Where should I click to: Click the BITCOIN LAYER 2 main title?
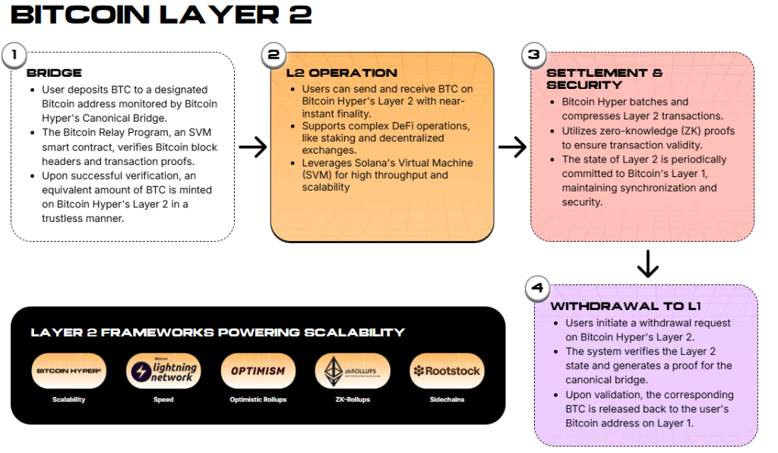click(x=162, y=16)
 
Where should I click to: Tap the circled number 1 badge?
click(x=14, y=54)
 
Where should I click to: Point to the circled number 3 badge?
click(x=533, y=54)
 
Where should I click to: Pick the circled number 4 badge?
click(x=538, y=288)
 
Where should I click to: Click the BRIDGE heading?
click(x=54, y=73)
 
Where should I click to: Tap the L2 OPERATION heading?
click(x=341, y=73)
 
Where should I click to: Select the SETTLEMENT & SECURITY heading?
click(x=604, y=79)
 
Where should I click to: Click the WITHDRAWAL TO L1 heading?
click(x=625, y=306)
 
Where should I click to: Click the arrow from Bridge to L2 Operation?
click(x=252, y=146)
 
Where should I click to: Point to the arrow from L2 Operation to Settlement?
click(x=512, y=146)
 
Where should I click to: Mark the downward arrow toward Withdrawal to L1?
click(x=647, y=264)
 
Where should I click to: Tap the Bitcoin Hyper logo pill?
click(x=68, y=371)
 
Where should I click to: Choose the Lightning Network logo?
click(x=163, y=371)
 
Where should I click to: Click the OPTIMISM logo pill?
click(x=258, y=371)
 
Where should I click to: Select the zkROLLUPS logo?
click(x=352, y=371)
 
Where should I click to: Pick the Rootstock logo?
click(x=447, y=371)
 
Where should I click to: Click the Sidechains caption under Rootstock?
click(x=446, y=399)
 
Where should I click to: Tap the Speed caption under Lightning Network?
click(x=163, y=399)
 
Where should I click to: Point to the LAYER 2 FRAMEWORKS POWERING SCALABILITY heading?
click(x=217, y=332)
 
